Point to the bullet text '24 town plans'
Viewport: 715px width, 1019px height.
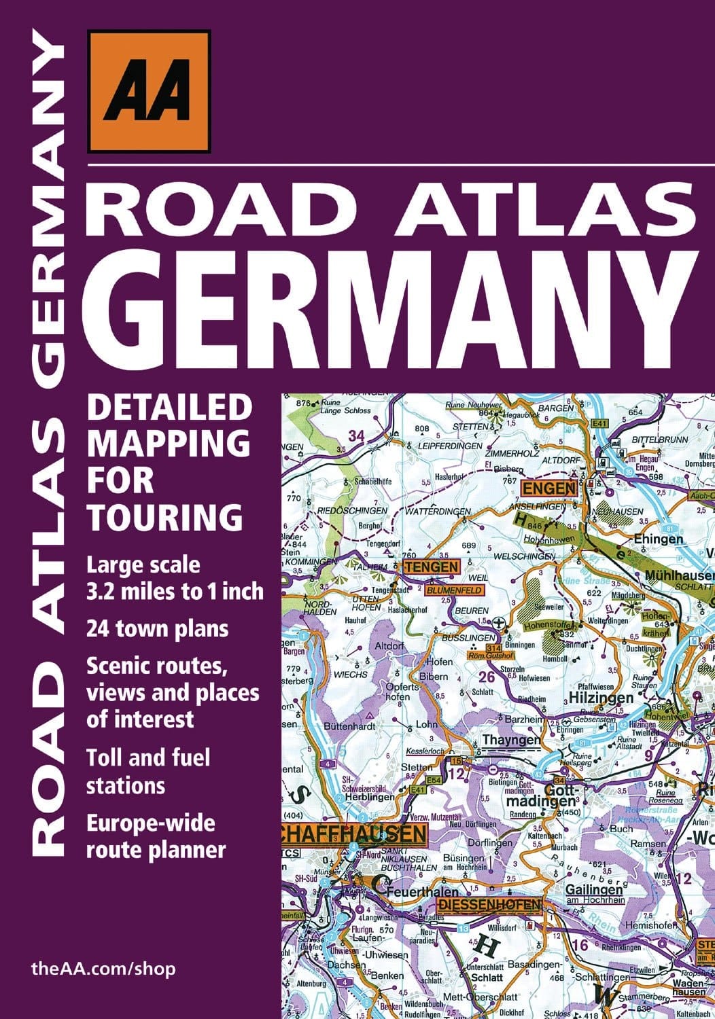[x=157, y=628]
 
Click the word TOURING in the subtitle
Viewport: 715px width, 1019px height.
[x=165, y=517]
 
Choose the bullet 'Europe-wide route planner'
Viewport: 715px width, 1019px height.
[x=156, y=836]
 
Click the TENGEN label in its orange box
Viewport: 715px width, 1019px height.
[x=431, y=567]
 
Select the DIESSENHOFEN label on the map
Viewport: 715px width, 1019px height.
[x=490, y=904]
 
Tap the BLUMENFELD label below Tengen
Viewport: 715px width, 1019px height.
[x=454, y=590]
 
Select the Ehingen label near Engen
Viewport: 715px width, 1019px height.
[x=658, y=539]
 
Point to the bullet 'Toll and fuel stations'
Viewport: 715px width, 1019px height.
[x=148, y=771]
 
